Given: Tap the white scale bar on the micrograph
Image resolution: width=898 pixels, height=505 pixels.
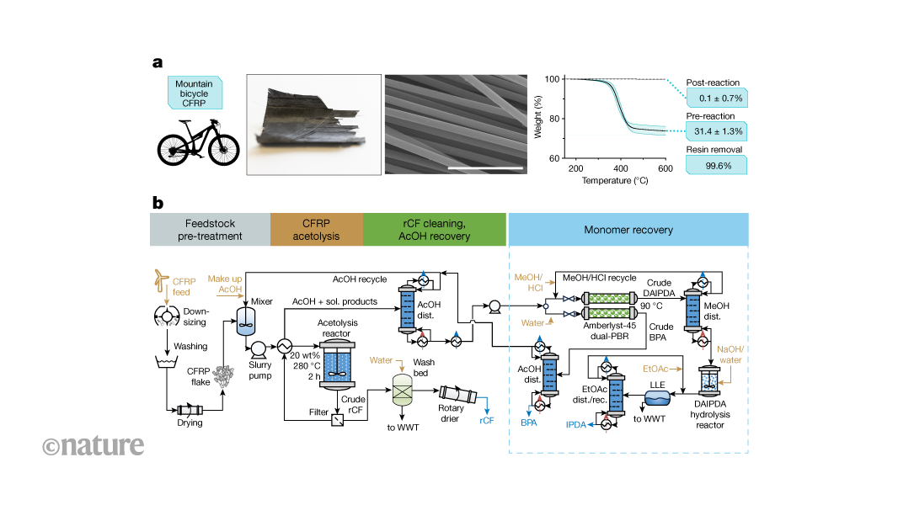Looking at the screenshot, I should click(x=485, y=168).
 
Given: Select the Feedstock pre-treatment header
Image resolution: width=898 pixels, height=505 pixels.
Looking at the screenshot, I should click(x=210, y=229).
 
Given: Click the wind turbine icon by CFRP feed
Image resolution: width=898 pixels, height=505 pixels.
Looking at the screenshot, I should click(x=163, y=278).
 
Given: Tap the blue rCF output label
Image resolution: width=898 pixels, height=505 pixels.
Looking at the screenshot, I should click(x=487, y=419).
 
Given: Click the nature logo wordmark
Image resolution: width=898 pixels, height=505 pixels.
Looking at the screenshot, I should click(x=94, y=445).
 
